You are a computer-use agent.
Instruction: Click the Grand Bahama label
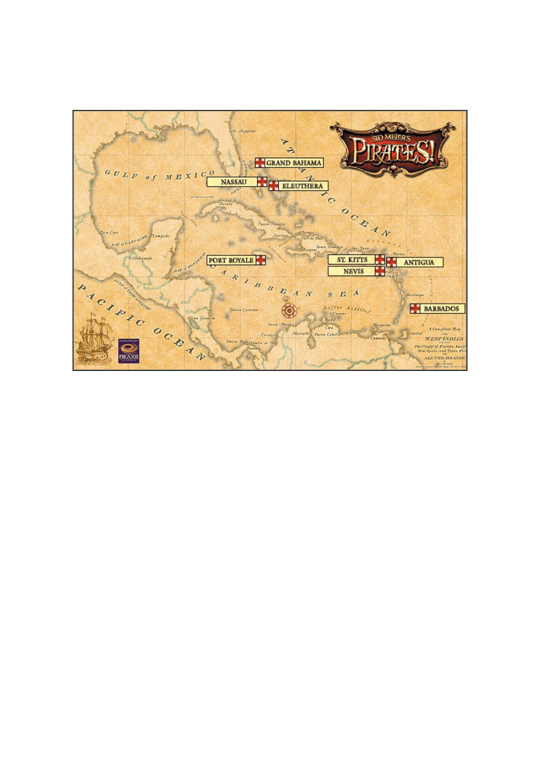(294, 163)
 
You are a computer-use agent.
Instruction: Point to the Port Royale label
(231, 260)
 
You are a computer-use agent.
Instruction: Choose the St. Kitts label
(351, 260)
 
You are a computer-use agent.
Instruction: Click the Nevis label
(351, 271)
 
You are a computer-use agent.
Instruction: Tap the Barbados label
(443, 309)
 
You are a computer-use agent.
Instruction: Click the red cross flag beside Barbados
(415, 309)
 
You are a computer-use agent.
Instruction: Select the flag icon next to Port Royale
(261, 260)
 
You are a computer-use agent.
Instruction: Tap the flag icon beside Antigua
(391, 262)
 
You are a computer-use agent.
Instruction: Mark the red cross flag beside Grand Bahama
(259, 163)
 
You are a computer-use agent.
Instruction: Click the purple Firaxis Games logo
(129, 350)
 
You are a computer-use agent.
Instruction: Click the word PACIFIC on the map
(109, 297)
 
